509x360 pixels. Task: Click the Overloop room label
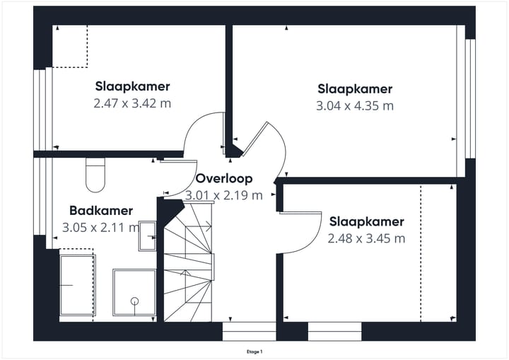pyautogui.click(x=224, y=179)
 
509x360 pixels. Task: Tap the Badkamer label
pyautogui.click(x=101, y=211)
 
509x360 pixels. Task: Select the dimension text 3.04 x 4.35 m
pyautogui.click(x=354, y=106)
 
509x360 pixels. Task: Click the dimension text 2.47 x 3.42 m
pyautogui.click(x=132, y=103)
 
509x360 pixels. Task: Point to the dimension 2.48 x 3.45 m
pyautogui.click(x=366, y=238)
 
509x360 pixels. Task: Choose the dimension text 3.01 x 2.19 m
pyautogui.click(x=224, y=195)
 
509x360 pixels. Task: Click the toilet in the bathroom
pyautogui.click(x=95, y=175)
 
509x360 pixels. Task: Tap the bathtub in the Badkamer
pyautogui.click(x=77, y=286)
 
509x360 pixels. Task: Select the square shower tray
pyautogui.click(x=134, y=291)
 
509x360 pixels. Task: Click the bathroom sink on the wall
pyautogui.click(x=148, y=236)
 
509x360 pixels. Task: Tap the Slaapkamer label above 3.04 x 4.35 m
pyautogui.click(x=354, y=89)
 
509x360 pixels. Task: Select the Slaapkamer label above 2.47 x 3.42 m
pyautogui.click(x=132, y=86)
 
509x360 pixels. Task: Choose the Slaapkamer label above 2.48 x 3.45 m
pyautogui.click(x=366, y=221)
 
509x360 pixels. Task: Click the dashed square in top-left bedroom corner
pyautogui.click(x=70, y=46)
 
